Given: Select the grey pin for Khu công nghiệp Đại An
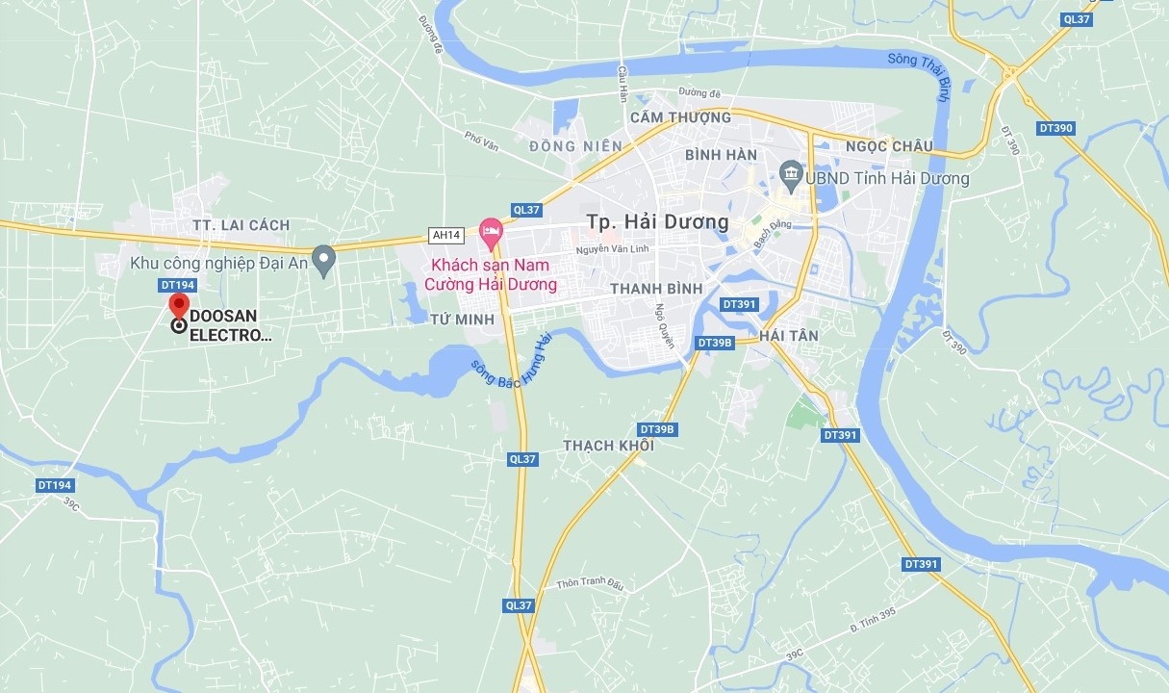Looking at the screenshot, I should [324, 258].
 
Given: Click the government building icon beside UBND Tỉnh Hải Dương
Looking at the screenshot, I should [791, 173].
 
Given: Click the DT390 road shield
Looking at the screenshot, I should [1055, 128].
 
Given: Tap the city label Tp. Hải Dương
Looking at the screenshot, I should [657, 222].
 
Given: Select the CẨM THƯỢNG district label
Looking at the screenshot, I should [680, 117].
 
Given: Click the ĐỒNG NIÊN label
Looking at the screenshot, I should [575, 146].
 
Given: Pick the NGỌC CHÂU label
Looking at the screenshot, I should [889, 146].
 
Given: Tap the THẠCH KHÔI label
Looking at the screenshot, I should [608, 446].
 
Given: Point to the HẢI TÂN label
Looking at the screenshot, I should [788, 335].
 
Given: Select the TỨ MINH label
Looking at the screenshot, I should [462, 320].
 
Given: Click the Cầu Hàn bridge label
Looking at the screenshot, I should [623, 83].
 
